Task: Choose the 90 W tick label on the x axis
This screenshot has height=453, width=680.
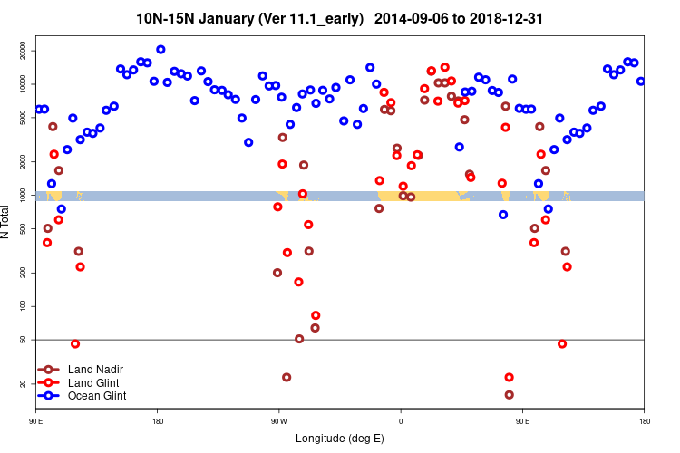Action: (278, 421)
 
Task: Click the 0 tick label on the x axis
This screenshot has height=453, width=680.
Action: (401, 421)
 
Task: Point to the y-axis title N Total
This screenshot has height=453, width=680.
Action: (7, 222)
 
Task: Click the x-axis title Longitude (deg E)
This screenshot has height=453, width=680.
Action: (340, 439)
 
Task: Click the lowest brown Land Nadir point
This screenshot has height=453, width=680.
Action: (509, 394)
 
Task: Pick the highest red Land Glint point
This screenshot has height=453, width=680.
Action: (444, 67)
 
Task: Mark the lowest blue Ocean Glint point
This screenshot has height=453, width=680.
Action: (503, 215)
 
